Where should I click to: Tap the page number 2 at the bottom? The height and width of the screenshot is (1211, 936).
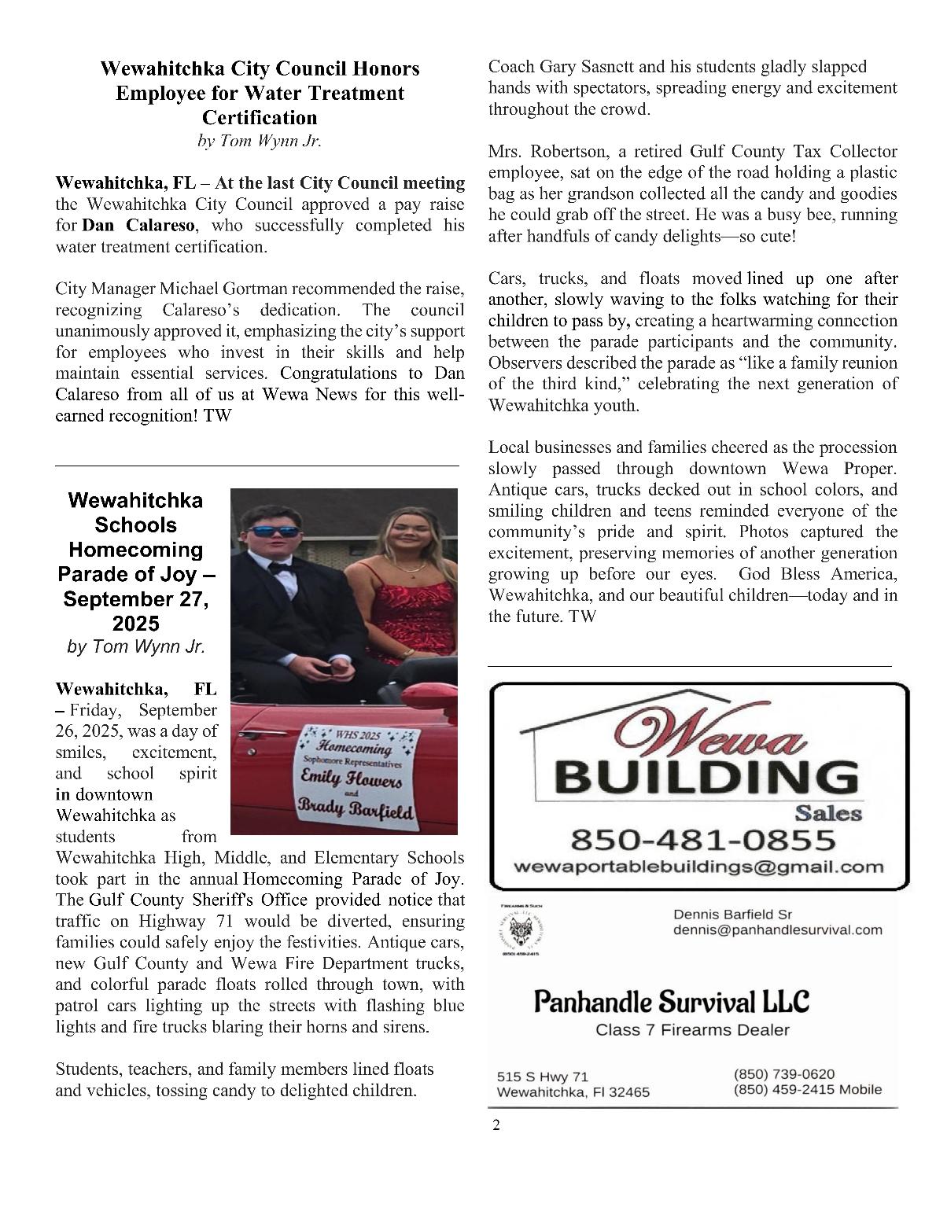point(496,1125)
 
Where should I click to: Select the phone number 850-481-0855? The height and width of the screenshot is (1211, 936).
point(702,840)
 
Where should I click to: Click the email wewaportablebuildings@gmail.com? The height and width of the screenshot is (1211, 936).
point(698,867)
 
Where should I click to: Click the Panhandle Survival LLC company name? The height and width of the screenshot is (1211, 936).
point(671,1002)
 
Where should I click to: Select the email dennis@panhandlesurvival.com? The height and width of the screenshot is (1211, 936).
point(777,929)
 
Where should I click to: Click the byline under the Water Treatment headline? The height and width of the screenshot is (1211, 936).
point(259,142)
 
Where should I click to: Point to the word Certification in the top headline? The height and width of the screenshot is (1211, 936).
point(260,118)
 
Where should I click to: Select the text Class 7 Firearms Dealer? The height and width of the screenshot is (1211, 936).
point(692,1030)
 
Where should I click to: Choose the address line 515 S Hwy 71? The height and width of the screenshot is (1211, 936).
point(542,1076)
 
